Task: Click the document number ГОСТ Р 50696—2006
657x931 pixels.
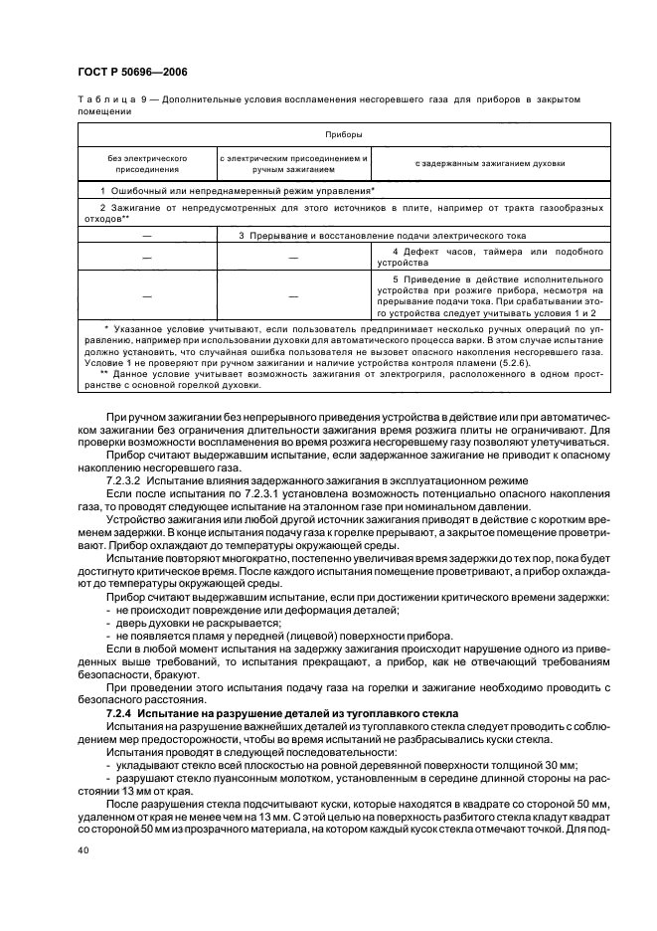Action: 131,72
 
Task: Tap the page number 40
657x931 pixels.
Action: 82,850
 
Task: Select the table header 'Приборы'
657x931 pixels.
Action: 343,132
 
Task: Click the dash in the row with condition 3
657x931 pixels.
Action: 147,235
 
